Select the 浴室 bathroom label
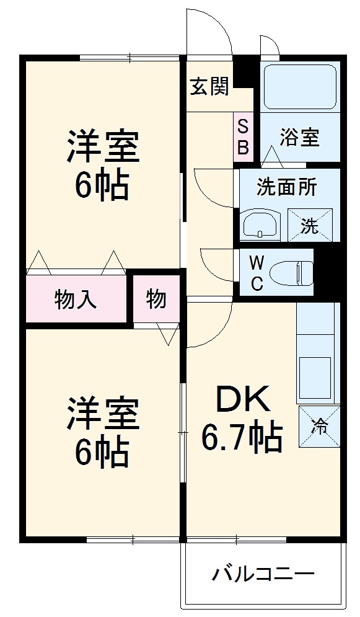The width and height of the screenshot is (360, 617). coord(299,138)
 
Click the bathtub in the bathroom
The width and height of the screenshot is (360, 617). coord(300,87)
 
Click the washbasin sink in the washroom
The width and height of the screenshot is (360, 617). coord(261,225)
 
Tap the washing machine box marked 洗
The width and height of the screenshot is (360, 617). coord(310,225)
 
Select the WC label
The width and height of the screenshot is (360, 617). coord(257,273)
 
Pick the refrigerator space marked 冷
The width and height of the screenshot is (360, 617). coord(319,426)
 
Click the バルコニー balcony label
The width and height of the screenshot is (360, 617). coord(263,574)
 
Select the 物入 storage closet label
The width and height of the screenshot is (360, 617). coord(76,300)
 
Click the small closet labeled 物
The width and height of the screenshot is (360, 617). coord(156,300)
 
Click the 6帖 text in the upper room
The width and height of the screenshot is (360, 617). coord(103,184)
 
